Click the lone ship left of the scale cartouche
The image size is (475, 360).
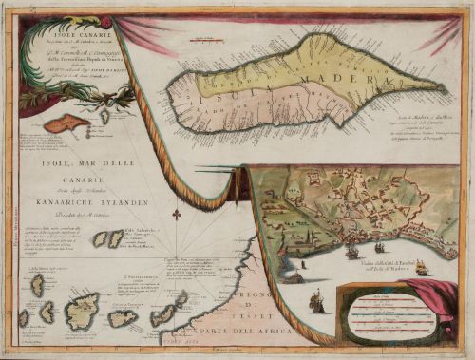317,304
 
